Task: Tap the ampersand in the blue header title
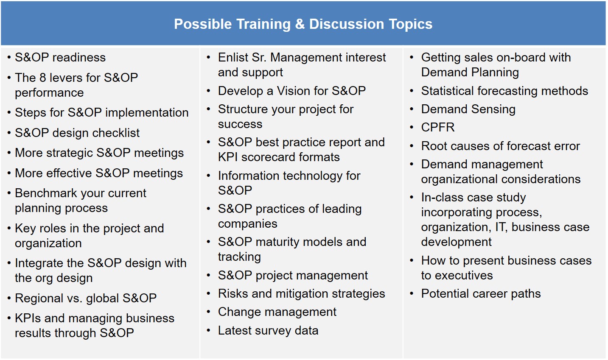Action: coord(300,24)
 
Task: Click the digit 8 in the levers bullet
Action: coord(42,78)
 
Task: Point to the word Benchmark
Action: coord(46,193)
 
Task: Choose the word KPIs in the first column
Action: coord(28,318)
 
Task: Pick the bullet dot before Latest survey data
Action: coord(208,330)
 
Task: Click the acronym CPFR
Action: coord(438,127)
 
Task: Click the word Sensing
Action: coord(493,109)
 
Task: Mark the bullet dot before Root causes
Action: coord(412,146)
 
